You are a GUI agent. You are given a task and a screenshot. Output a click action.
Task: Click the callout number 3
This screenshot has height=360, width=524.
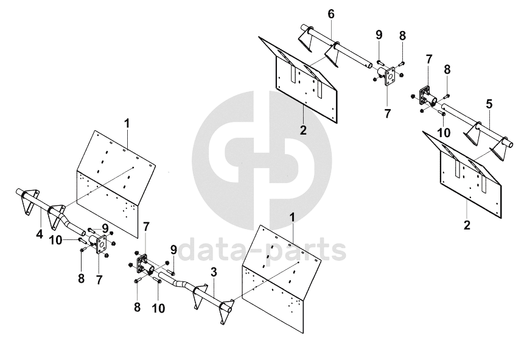[214, 271]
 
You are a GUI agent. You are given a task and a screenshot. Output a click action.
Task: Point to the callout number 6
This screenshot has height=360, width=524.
[330, 13]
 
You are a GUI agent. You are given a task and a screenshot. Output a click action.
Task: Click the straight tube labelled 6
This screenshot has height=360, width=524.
[353, 53]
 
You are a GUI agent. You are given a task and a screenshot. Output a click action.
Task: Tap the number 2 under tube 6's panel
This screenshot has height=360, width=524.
[302, 129]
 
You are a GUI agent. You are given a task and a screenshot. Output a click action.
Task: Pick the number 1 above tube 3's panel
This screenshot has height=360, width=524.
[292, 217]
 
